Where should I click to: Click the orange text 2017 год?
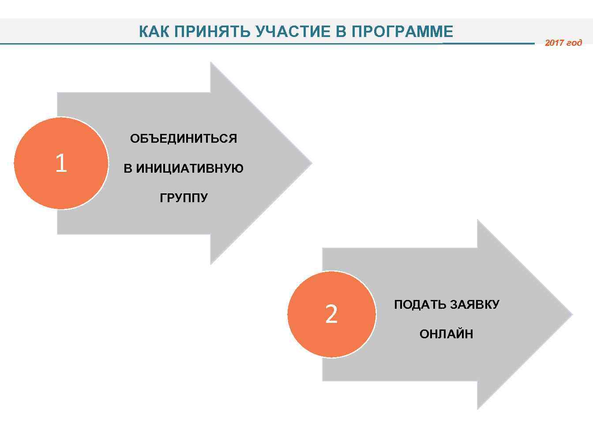pyautogui.click(x=563, y=43)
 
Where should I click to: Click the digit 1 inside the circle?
pyautogui.click(x=61, y=163)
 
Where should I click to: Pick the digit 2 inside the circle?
pyautogui.click(x=331, y=314)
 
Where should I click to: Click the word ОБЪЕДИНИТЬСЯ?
pyautogui.click(x=184, y=139)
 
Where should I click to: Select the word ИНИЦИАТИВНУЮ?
pyautogui.click(x=190, y=169)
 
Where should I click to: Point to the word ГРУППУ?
pyautogui.click(x=184, y=198)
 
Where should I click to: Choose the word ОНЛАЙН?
pyautogui.click(x=446, y=334)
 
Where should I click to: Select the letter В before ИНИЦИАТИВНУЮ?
pyautogui.click(x=128, y=169)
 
